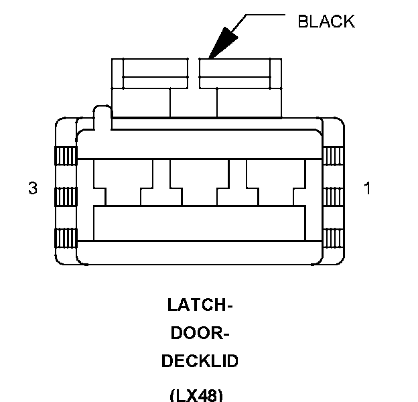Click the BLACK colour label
tap(326, 21)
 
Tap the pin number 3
tap(32, 189)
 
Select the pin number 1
tap(366, 189)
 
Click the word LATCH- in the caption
tap(200, 306)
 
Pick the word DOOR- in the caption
tap(200, 333)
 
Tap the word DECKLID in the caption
tap(200, 361)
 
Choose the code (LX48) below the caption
tap(196, 394)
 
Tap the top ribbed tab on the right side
tap(332, 155)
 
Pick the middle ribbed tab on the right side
tap(332, 197)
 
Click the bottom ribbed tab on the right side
tap(332, 237)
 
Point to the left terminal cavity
tap(123, 181)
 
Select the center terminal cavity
tap(199, 181)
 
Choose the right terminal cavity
tap(275, 181)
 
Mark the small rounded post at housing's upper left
tap(102, 115)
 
